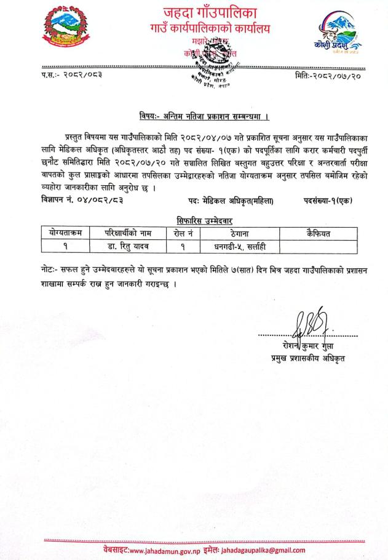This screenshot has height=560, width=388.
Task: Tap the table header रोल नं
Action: (183, 233)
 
